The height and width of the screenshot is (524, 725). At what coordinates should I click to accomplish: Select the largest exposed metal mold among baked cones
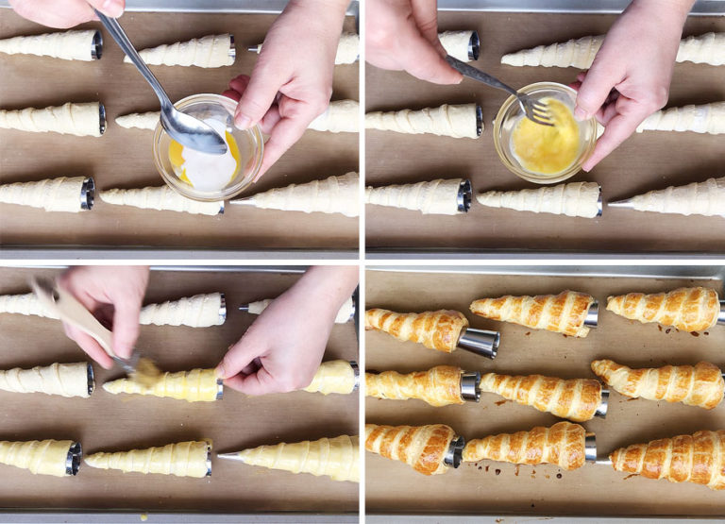click(479, 342)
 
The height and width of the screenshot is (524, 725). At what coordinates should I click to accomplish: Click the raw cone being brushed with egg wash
click(165, 384)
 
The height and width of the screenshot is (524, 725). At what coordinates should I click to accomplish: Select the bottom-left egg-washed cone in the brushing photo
click(38, 456)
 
